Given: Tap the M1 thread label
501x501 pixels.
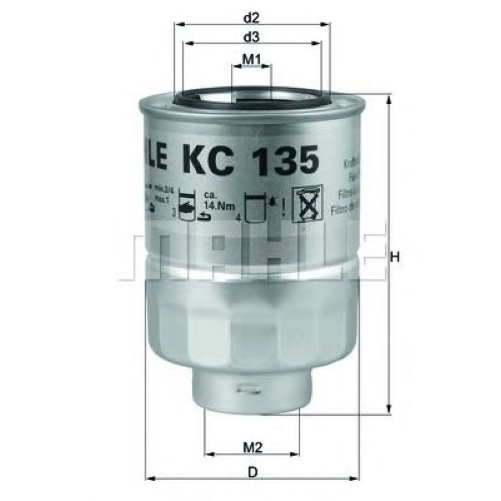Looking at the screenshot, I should point(251,59).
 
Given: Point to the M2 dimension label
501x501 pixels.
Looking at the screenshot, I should point(251,447).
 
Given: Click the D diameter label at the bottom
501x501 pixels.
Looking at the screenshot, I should point(253,472).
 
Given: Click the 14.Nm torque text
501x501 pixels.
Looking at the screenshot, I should point(207,204).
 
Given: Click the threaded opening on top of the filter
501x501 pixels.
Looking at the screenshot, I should point(251,99).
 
